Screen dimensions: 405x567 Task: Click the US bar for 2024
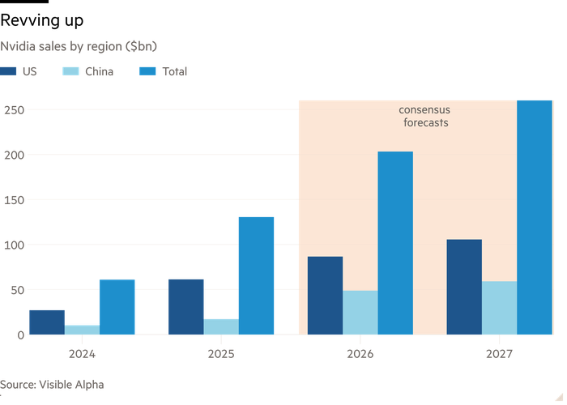click(47, 322)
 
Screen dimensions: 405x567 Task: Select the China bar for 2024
click(82, 330)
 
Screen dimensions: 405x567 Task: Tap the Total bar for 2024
click(117, 307)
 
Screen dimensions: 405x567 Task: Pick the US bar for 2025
click(186, 306)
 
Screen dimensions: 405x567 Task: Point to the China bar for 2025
click(221, 326)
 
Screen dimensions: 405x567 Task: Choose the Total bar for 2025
click(256, 275)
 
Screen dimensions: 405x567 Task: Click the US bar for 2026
click(325, 296)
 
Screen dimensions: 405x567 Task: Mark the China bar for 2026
click(360, 313)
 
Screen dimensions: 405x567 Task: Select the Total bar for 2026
click(395, 243)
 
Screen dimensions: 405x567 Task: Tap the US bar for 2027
click(464, 287)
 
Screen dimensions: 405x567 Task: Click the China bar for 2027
click(499, 308)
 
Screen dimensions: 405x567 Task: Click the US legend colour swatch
click(7, 71)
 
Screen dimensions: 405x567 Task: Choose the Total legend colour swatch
click(147, 71)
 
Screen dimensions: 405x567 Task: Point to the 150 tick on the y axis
click(15, 199)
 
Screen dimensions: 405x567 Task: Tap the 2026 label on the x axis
click(360, 354)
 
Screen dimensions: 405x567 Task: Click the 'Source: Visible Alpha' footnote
click(52, 384)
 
